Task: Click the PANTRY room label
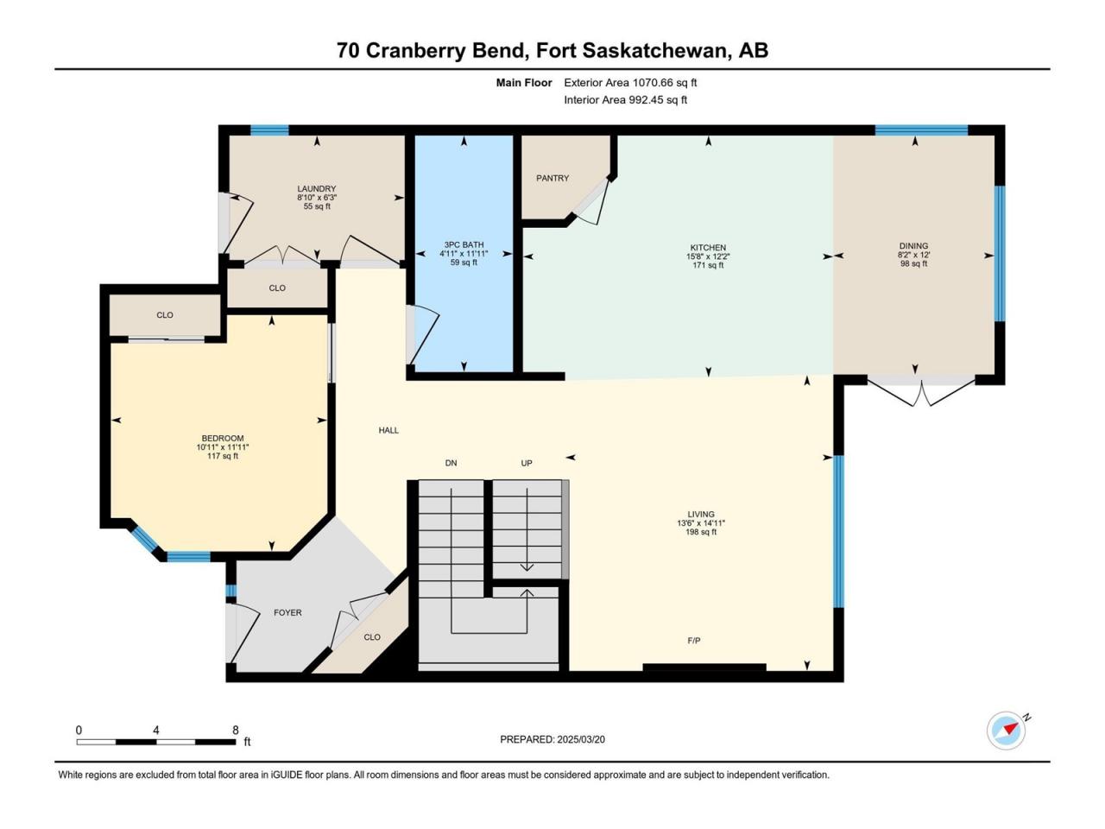pyautogui.click(x=552, y=178)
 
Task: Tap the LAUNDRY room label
pyautogui.click(x=317, y=189)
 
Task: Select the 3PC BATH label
pyautogui.click(x=464, y=245)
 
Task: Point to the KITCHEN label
pyautogui.click(x=708, y=248)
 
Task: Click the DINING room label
pyautogui.click(x=913, y=246)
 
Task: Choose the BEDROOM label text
pyautogui.click(x=223, y=439)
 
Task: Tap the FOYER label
pyautogui.click(x=287, y=612)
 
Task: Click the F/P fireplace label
pyautogui.click(x=694, y=640)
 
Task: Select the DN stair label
pyautogui.click(x=451, y=463)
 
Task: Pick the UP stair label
pyautogui.click(x=527, y=463)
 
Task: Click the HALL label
pyautogui.click(x=388, y=430)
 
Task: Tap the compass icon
pyautogui.click(x=1007, y=731)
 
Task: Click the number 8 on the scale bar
pyautogui.click(x=236, y=730)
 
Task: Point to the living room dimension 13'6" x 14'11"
pyautogui.click(x=701, y=523)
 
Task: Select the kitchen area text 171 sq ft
pyautogui.click(x=708, y=265)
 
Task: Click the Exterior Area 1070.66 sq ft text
pyautogui.click(x=630, y=83)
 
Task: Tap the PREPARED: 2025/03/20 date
pyautogui.click(x=552, y=739)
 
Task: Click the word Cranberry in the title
pyautogui.click(x=445, y=51)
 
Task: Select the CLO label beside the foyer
pyautogui.click(x=372, y=637)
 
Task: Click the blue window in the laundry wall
pyautogui.click(x=270, y=130)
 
